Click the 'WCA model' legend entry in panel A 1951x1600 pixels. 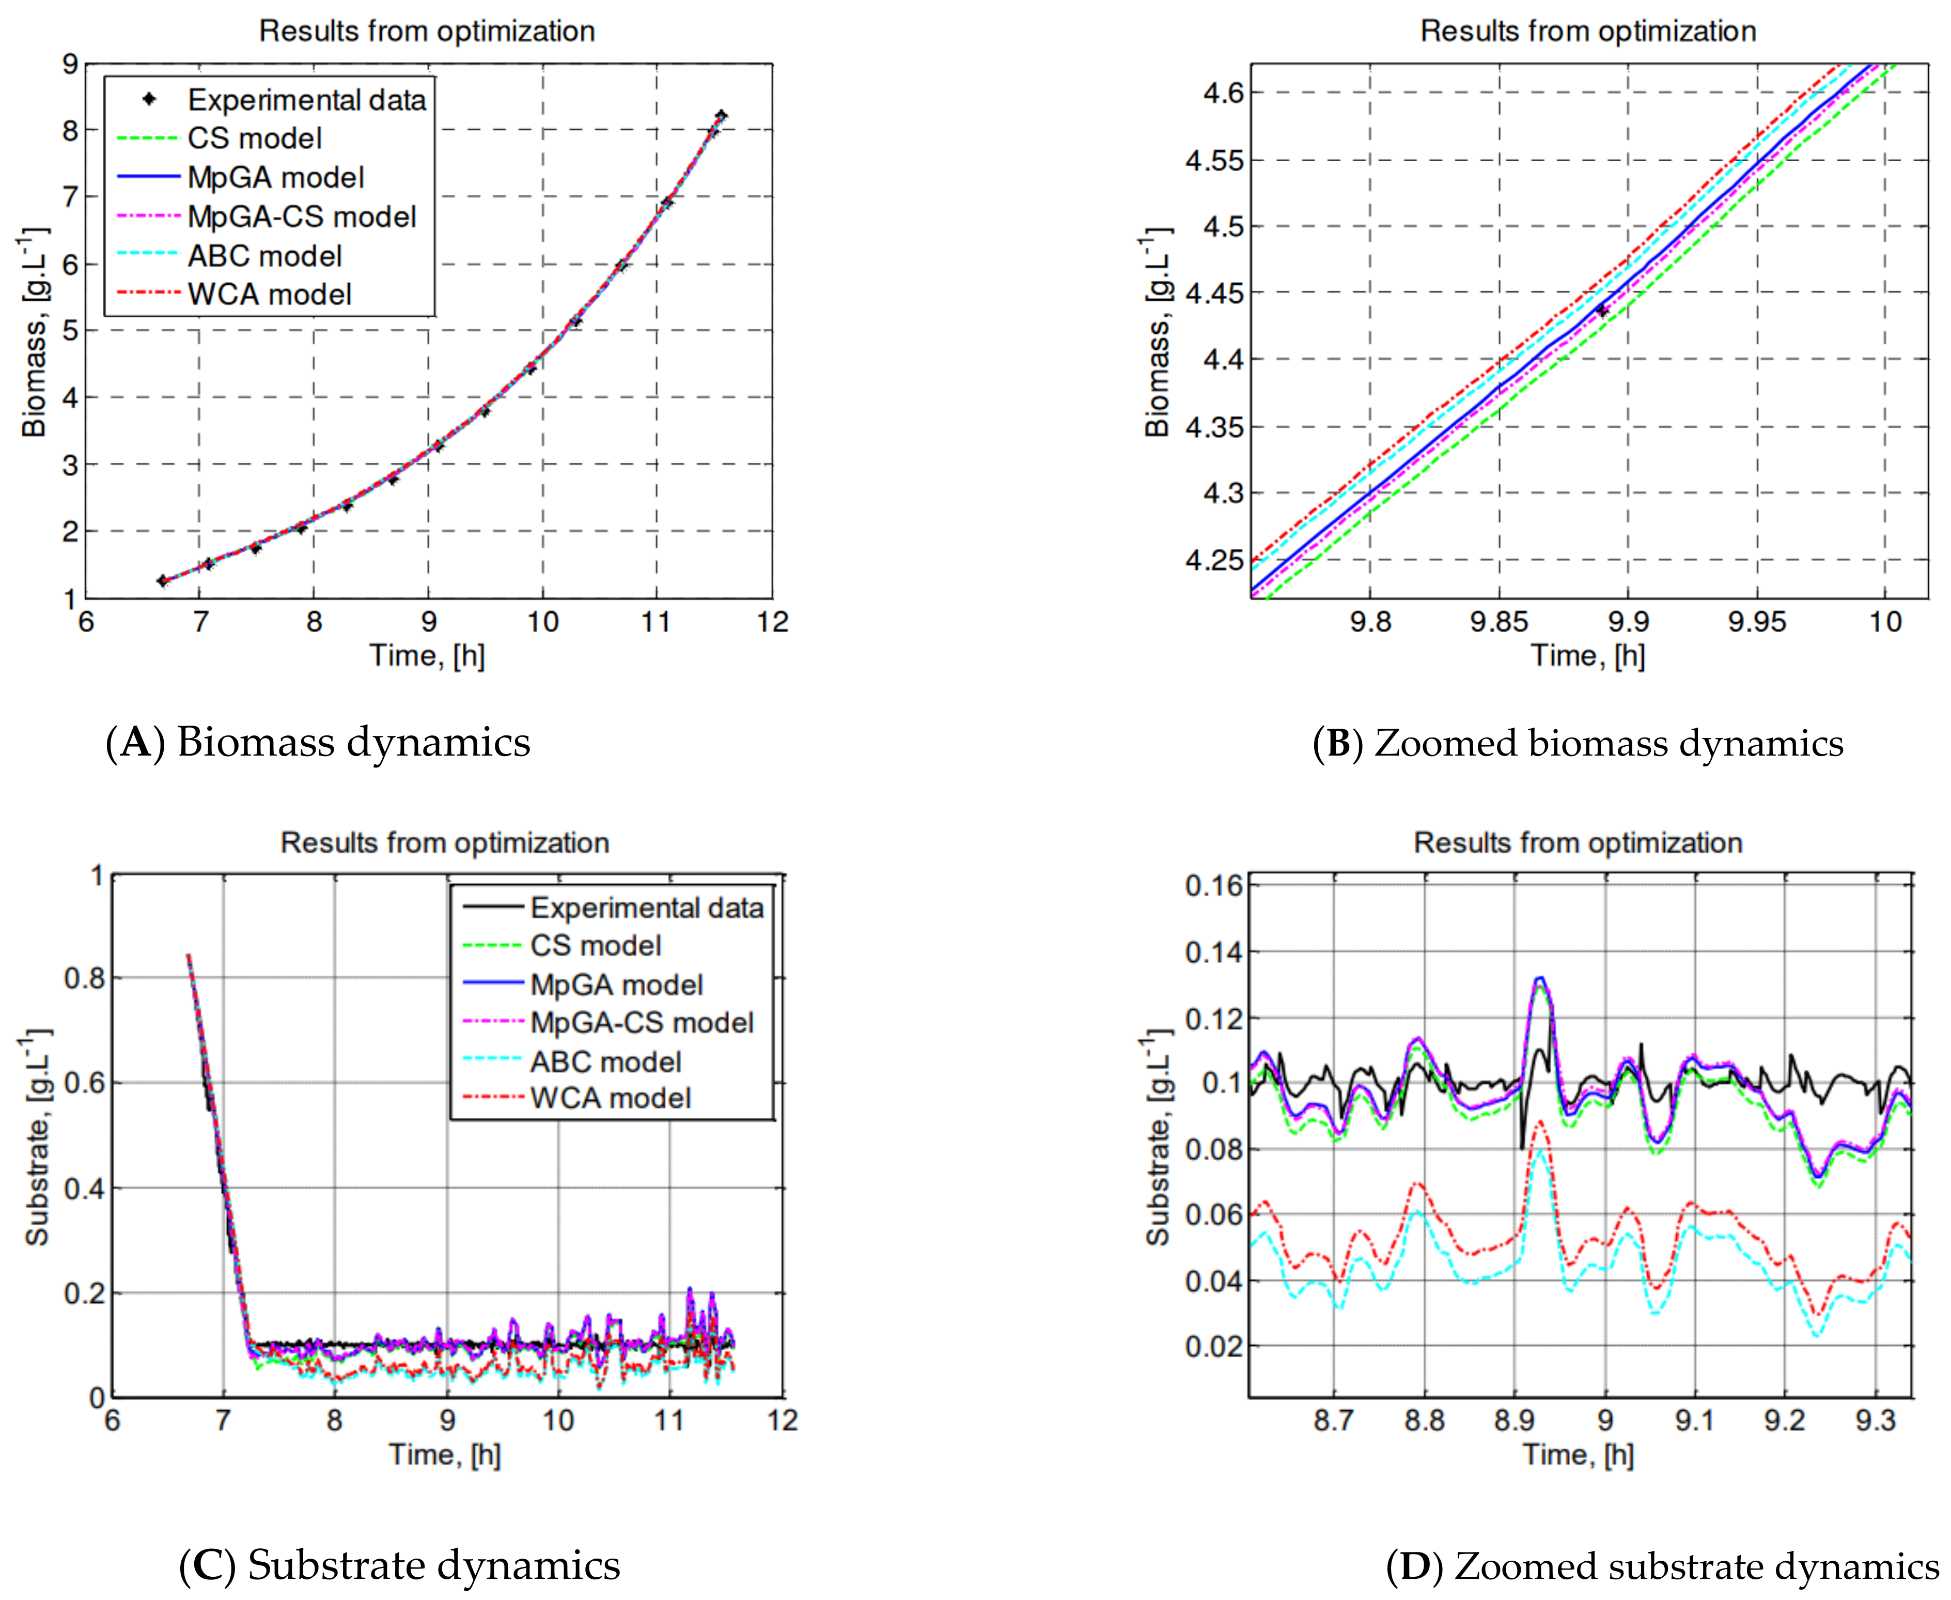pos(269,295)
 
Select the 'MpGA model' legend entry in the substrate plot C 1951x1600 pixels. pos(615,984)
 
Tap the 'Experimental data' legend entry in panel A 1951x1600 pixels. pos(306,100)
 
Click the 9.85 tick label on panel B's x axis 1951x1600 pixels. pos(1499,622)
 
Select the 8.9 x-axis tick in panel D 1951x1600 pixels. pos(1515,1420)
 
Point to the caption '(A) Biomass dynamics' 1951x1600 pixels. pos(318,742)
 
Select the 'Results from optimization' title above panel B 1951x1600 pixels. pos(1588,32)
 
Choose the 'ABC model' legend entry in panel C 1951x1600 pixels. pos(605,1061)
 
